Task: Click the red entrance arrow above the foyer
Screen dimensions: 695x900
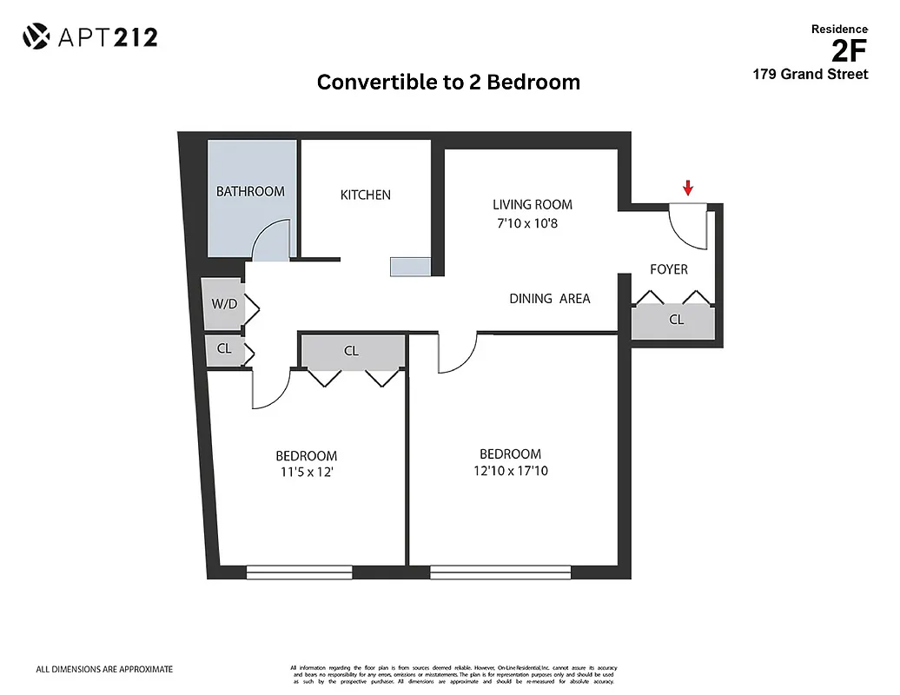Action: coord(688,187)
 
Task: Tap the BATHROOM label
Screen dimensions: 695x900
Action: coord(250,191)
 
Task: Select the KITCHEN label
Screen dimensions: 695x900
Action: coord(365,195)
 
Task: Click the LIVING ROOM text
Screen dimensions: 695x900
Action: coord(533,205)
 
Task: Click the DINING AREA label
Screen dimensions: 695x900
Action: coord(549,298)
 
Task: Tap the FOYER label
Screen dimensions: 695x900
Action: coord(669,269)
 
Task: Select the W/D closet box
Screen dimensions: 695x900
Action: coord(224,304)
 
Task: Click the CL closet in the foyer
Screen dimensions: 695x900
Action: coord(676,320)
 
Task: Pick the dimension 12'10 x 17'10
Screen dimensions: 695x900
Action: coord(511,472)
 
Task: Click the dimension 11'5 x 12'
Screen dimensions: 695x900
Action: coord(307,473)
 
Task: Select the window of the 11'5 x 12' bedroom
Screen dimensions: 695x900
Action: coord(299,572)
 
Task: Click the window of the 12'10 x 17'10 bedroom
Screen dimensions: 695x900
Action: coord(500,572)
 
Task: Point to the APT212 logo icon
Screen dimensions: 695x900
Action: coord(36,36)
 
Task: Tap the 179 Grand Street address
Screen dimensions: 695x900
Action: coord(810,75)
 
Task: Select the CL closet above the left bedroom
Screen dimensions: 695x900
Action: coord(352,351)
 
